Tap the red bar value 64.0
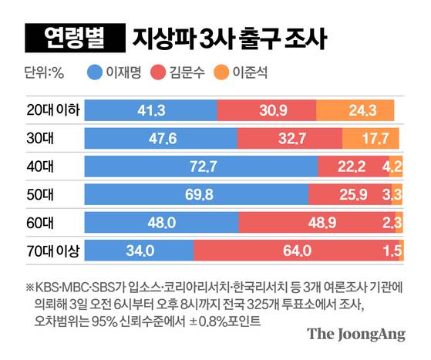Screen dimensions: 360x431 [296, 251]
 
